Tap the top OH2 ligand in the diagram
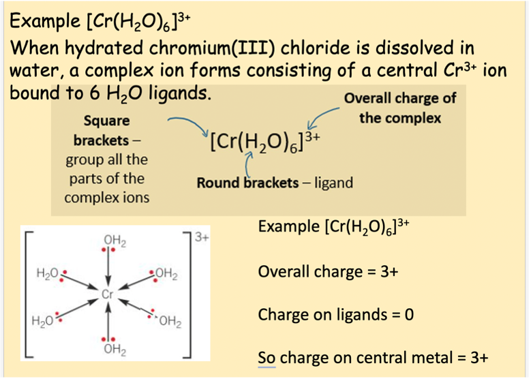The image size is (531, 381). click(114, 240)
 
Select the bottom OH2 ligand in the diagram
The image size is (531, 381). click(114, 350)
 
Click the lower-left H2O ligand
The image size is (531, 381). click(44, 320)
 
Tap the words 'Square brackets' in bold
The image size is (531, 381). click(106, 131)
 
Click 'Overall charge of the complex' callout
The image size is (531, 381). click(400, 108)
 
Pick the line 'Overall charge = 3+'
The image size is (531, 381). click(328, 271)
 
